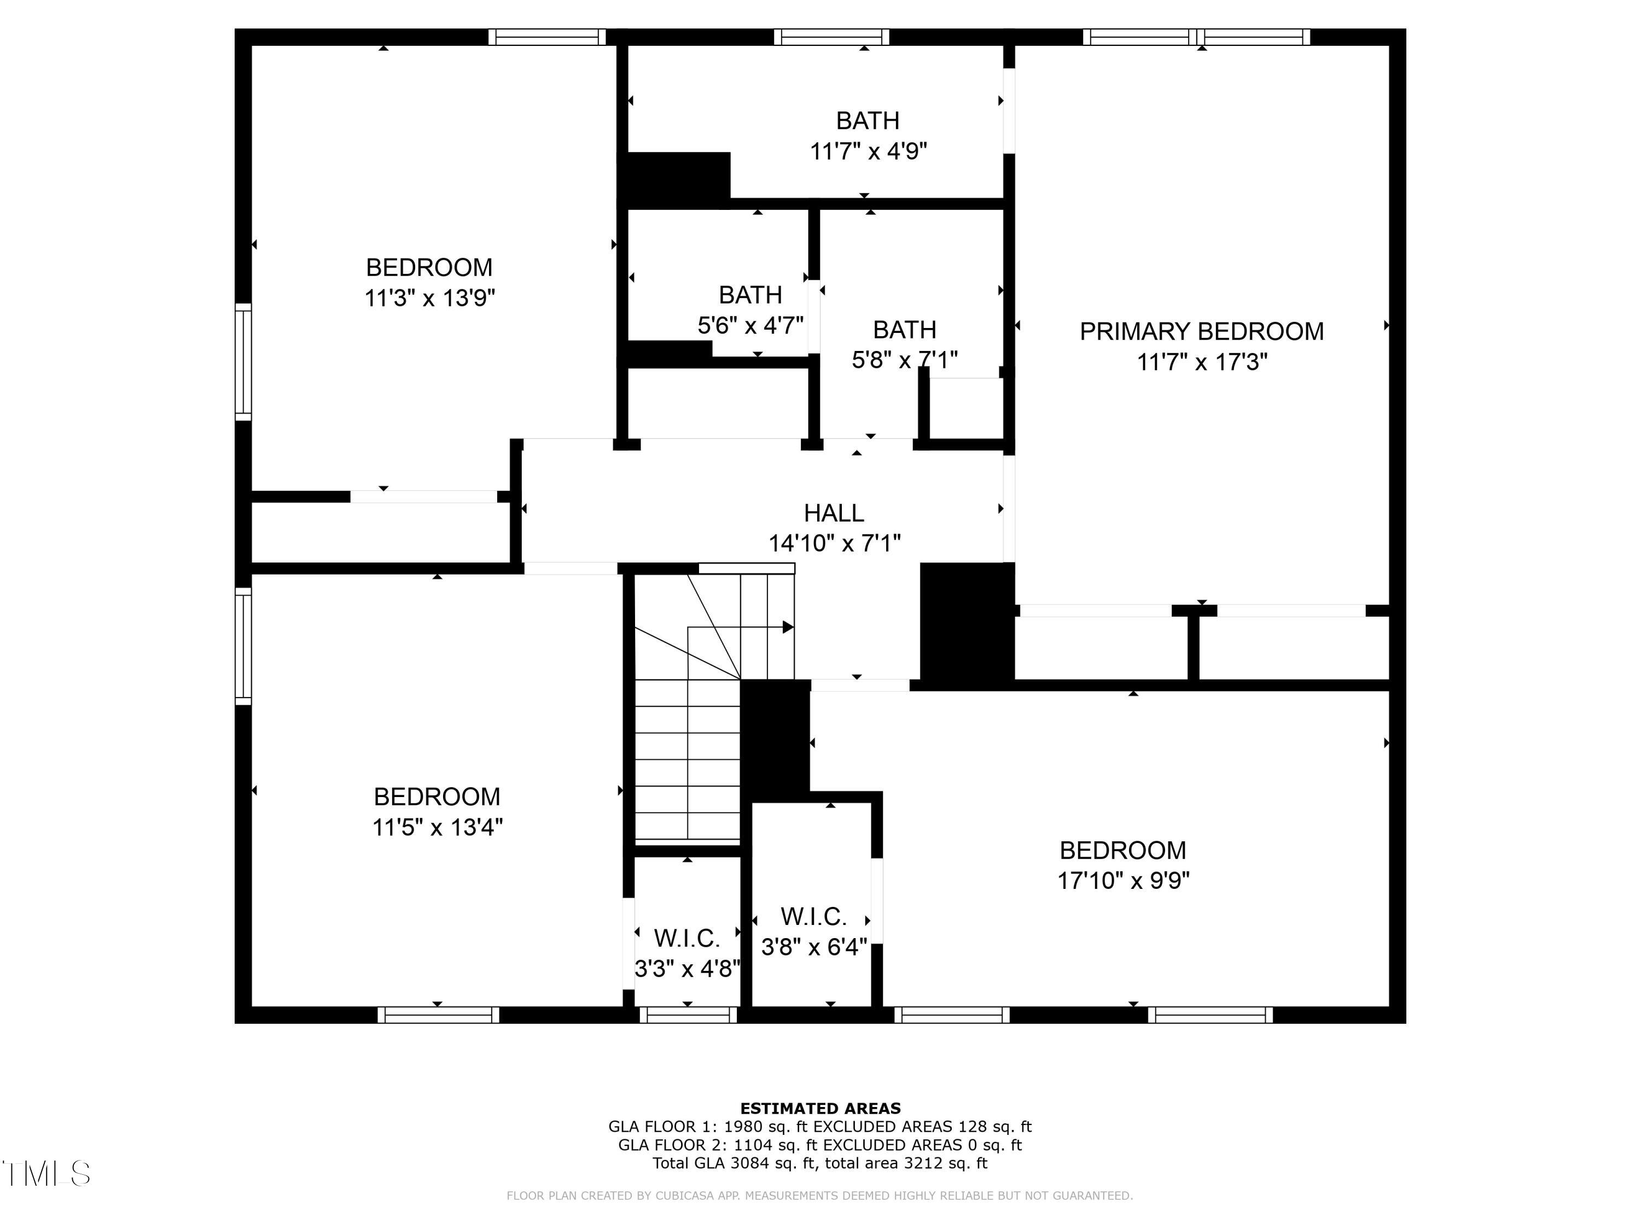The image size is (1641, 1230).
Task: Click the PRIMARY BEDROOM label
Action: (1201, 331)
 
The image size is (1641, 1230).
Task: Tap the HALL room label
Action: (834, 513)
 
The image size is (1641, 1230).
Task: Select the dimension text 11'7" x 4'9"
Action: (868, 152)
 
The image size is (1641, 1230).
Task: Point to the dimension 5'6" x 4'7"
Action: (750, 325)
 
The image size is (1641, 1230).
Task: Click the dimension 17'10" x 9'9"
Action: (1123, 881)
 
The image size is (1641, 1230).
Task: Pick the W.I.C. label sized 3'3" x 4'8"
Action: (687, 939)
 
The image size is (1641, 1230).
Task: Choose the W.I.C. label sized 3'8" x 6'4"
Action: (814, 917)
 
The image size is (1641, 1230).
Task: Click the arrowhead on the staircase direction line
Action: (788, 627)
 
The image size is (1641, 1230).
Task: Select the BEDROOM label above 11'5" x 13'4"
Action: (437, 797)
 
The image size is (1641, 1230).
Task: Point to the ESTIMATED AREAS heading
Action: (821, 1109)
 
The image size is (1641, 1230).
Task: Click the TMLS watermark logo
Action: (46, 1174)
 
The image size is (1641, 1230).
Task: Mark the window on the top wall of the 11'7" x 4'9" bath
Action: (831, 37)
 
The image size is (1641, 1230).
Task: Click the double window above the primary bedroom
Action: (1197, 37)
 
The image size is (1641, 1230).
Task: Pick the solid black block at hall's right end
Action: (967, 622)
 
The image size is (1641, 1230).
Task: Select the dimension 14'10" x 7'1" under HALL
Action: (834, 543)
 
